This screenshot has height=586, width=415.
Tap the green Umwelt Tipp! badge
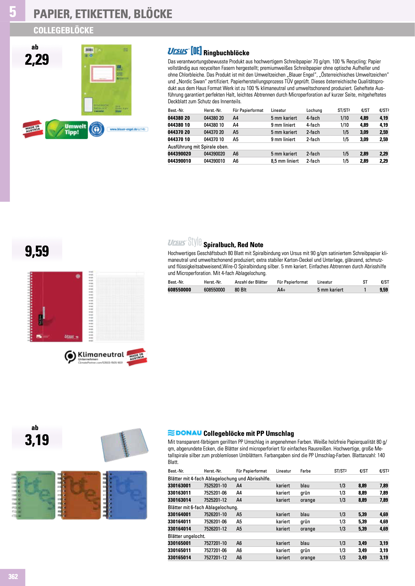(x=66, y=130)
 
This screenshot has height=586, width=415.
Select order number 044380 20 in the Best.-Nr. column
(x=179, y=118)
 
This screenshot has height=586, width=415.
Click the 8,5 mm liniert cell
(x=285, y=161)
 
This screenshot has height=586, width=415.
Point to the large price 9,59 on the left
(x=37, y=251)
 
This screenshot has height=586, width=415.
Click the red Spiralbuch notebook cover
(x=56, y=306)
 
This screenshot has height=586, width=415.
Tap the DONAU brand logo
(x=185, y=433)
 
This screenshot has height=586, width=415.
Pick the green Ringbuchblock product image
(x=106, y=80)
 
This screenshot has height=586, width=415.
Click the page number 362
(x=13, y=576)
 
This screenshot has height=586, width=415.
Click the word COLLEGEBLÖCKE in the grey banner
(x=63, y=30)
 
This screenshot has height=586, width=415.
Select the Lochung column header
(x=314, y=110)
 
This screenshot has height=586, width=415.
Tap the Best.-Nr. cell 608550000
(x=179, y=290)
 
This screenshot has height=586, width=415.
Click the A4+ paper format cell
(x=281, y=290)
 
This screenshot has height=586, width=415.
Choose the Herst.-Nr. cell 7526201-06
(x=215, y=521)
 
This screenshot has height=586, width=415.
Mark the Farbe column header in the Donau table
(x=305, y=471)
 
